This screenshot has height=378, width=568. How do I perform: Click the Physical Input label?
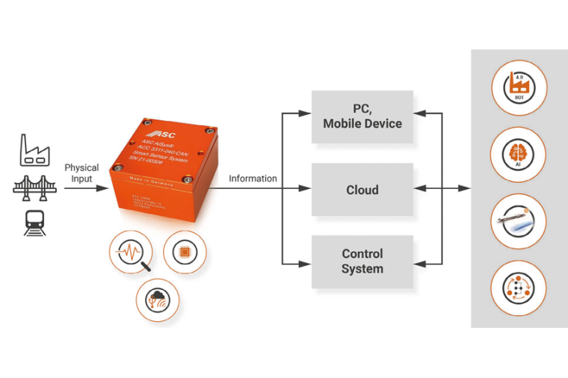[81, 173]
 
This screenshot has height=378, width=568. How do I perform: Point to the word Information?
[253, 179]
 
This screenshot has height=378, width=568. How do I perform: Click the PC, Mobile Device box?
[362, 117]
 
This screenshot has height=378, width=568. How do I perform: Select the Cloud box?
[362, 190]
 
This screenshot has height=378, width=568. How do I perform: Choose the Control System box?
[362, 261]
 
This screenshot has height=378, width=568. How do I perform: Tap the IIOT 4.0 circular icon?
[519, 87]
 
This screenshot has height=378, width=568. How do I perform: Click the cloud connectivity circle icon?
[158, 300]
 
